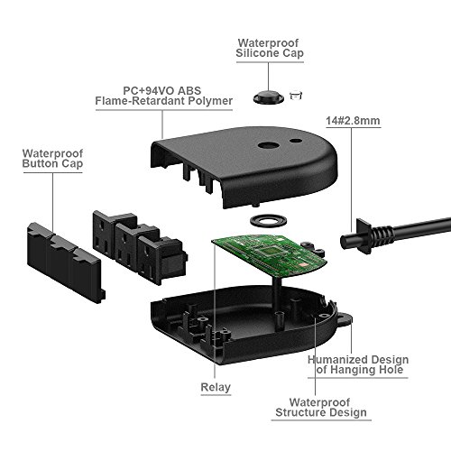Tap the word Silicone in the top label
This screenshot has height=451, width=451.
[x=258, y=54]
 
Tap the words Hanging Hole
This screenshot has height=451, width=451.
[x=371, y=371]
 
